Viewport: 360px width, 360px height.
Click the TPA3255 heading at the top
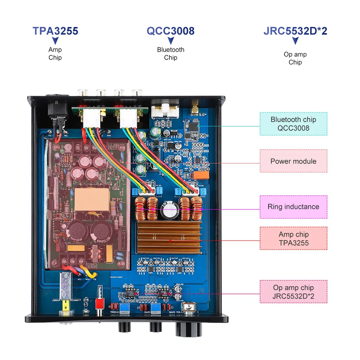click(x=55, y=31)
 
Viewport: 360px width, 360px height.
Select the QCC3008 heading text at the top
click(x=171, y=31)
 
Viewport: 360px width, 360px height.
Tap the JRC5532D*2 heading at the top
click(x=295, y=31)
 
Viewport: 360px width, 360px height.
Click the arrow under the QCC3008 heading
click(x=171, y=40)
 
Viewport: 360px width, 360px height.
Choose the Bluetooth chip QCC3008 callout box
click(x=293, y=124)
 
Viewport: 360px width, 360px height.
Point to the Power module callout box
click(x=293, y=161)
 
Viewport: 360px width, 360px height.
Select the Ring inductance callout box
click(x=293, y=207)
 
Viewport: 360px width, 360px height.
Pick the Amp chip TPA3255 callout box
click(x=293, y=238)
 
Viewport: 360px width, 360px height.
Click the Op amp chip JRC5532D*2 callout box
click(x=293, y=292)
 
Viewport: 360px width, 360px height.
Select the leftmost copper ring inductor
click(x=141, y=208)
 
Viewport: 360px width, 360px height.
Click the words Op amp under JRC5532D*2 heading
click(x=295, y=54)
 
